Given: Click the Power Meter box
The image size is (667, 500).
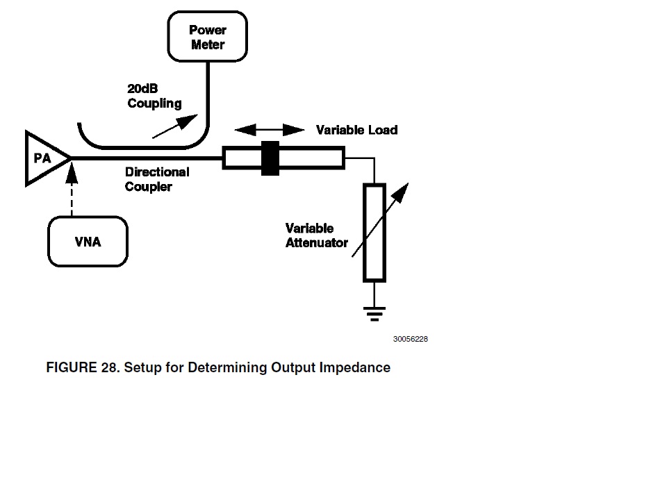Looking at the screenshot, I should click(208, 37).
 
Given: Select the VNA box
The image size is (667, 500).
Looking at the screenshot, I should click(88, 242).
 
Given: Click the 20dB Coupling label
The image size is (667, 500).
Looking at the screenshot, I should click(154, 97).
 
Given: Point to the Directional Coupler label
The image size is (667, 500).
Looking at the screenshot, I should click(156, 179).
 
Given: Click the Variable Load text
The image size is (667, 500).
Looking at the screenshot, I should click(356, 130).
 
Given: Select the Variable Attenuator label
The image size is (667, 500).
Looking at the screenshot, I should click(316, 235).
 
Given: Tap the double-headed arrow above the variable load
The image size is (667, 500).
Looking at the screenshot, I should click(270, 130).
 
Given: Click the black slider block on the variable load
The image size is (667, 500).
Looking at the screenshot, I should click(270, 158).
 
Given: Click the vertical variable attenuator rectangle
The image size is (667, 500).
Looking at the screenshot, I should click(374, 232).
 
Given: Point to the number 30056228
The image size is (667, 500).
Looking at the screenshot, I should click(410, 340).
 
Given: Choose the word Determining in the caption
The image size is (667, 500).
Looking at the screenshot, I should click(228, 367).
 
